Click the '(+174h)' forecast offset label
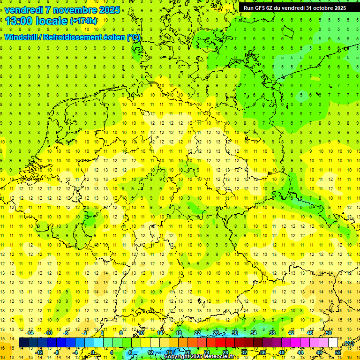(x=83, y=21)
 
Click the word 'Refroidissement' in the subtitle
(x=82, y=37)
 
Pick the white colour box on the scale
(x=333, y=343)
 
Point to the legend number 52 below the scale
(x=338, y=352)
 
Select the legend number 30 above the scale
(x=235, y=333)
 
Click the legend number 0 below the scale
(x=93, y=352)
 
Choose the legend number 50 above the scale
(x=328, y=333)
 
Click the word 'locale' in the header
(x=52, y=21)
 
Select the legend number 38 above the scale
(x=272, y=333)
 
